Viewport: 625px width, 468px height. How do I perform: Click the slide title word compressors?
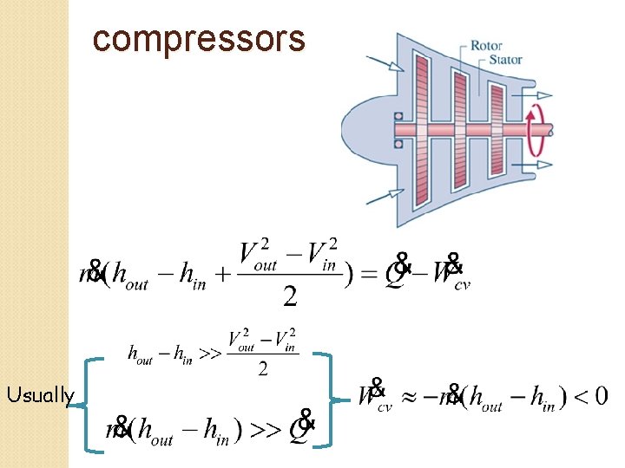coord(199,39)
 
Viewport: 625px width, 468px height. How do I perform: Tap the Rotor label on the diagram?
coord(487,45)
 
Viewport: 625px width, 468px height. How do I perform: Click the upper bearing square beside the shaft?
coord(398,115)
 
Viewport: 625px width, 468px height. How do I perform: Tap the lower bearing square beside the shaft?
coord(398,143)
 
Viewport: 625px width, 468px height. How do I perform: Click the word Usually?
coord(40,396)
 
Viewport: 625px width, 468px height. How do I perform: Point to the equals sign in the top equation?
coord(368,276)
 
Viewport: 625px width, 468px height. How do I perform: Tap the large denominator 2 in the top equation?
coord(290,296)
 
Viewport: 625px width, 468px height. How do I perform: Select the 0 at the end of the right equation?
coord(600,396)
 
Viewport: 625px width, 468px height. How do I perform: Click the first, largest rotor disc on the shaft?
coord(422,129)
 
